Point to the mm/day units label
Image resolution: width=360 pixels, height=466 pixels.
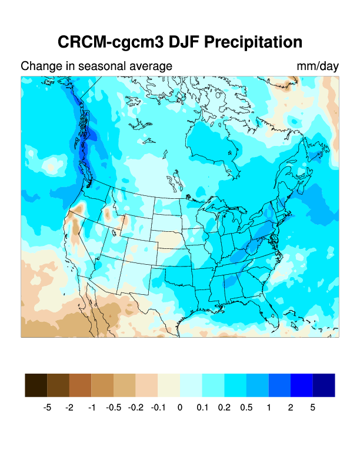click(318, 66)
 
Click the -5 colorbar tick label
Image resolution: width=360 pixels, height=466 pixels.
click(48, 407)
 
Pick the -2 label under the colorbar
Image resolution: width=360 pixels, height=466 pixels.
click(69, 407)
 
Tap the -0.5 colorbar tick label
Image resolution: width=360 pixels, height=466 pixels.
click(114, 407)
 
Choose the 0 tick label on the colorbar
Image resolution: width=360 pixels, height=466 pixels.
click(180, 407)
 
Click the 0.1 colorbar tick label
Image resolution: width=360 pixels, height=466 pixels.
click(202, 407)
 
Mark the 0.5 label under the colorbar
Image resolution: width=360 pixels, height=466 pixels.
click(246, 407)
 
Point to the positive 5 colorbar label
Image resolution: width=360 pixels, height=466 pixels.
click(313, 407)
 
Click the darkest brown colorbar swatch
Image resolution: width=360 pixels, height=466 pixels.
click(36, 385)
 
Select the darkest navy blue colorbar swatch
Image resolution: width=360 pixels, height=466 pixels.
click(324, 385)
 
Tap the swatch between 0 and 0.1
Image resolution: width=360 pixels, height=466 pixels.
click(191, 385)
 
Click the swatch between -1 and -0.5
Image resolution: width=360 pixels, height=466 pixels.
click(102, 385)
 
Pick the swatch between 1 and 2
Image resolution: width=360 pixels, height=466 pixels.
click(279, 385)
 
